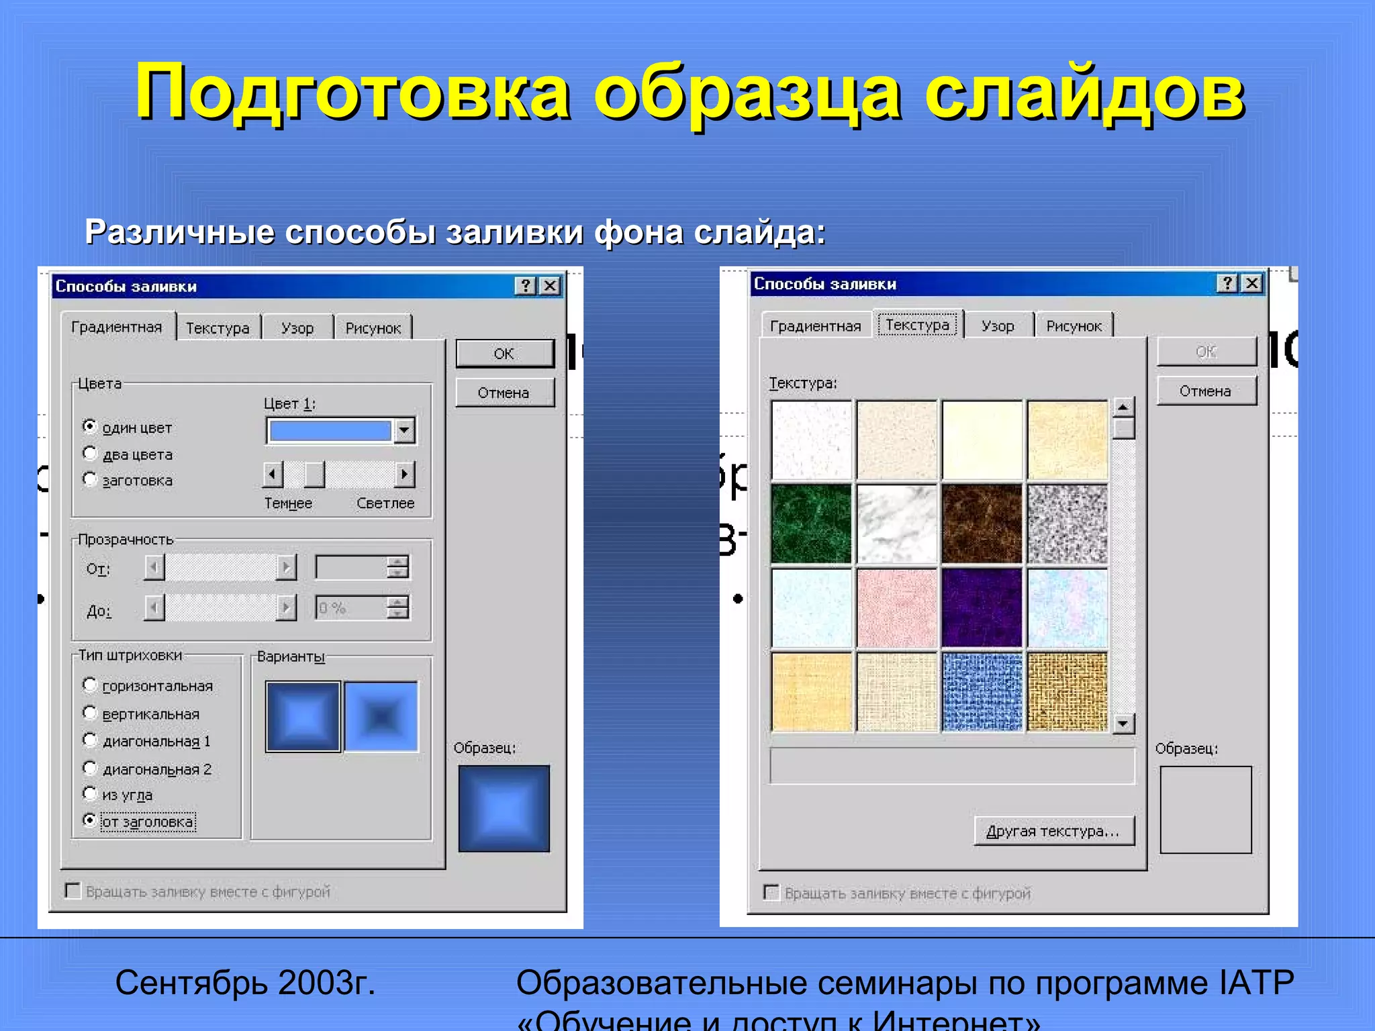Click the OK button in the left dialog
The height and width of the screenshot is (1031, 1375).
(x=505, y=354)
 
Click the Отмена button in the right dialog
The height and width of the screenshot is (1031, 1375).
(x=1206, y=391)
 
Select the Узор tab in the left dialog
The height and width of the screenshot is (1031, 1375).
(x=297, y=328)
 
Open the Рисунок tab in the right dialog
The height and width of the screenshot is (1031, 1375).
(x=1074, y=326)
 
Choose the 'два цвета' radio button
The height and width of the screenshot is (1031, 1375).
(x=90, y=454)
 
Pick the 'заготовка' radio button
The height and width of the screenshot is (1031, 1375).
(x=90, y=479)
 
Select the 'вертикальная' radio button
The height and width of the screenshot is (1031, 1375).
(x=90, y=713)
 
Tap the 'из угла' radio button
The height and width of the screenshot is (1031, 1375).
(x=90, y=794)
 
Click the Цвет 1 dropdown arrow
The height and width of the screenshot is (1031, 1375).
(x=404, y=430)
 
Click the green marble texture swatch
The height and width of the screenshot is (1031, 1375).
(x=812, y=524)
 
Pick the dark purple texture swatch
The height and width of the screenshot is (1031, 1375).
(x=982, y=608)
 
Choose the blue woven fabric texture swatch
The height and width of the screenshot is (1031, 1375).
(x=982, y=692)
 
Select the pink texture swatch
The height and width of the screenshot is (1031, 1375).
(x=897, y=608)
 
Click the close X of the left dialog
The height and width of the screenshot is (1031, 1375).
(x=550, y=287)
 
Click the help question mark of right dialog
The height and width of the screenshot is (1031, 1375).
(x=1227, y=284)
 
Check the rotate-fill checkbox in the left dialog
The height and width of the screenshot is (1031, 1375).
(x=73, y=891)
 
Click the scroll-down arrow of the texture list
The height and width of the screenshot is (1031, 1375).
(x=1123, y=723)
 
